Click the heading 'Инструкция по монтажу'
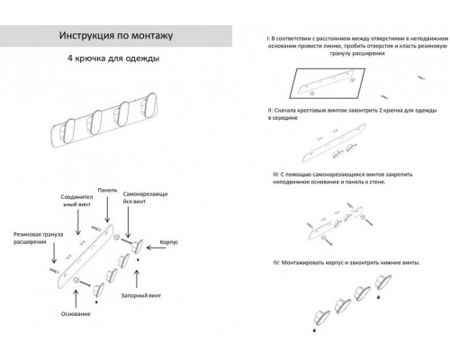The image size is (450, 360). coord(115,37)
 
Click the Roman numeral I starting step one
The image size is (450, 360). coord(256,39)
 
